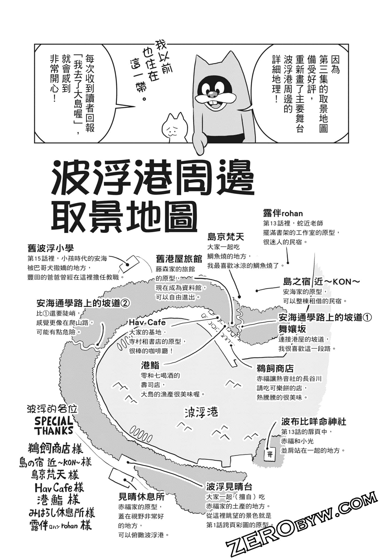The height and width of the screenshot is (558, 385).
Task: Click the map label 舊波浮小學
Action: tap(51, 248)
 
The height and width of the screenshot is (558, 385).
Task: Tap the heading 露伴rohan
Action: tap(283, 213)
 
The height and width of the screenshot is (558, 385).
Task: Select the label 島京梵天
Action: tap(226, 236)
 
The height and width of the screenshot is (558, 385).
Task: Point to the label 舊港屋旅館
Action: tap(179, 259)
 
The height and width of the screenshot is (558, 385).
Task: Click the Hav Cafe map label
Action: tap(147, 322)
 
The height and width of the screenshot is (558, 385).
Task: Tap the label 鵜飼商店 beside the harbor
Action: tap(275, 369)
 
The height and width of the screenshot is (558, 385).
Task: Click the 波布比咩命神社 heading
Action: tap(314, 422)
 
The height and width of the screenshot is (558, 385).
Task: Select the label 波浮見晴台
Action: tap(229, 486)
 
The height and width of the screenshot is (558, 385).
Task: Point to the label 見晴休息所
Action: tap(142, 497)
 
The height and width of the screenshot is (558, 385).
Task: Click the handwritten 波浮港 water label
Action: tap(201, 412)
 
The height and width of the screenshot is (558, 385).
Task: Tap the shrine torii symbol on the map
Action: tap(270, 454)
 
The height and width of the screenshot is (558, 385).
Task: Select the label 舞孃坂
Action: tap(292, 329)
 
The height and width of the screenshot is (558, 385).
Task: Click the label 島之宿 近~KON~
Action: tap(321, 281)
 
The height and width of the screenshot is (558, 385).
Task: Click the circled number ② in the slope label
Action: tap(126, 303)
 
